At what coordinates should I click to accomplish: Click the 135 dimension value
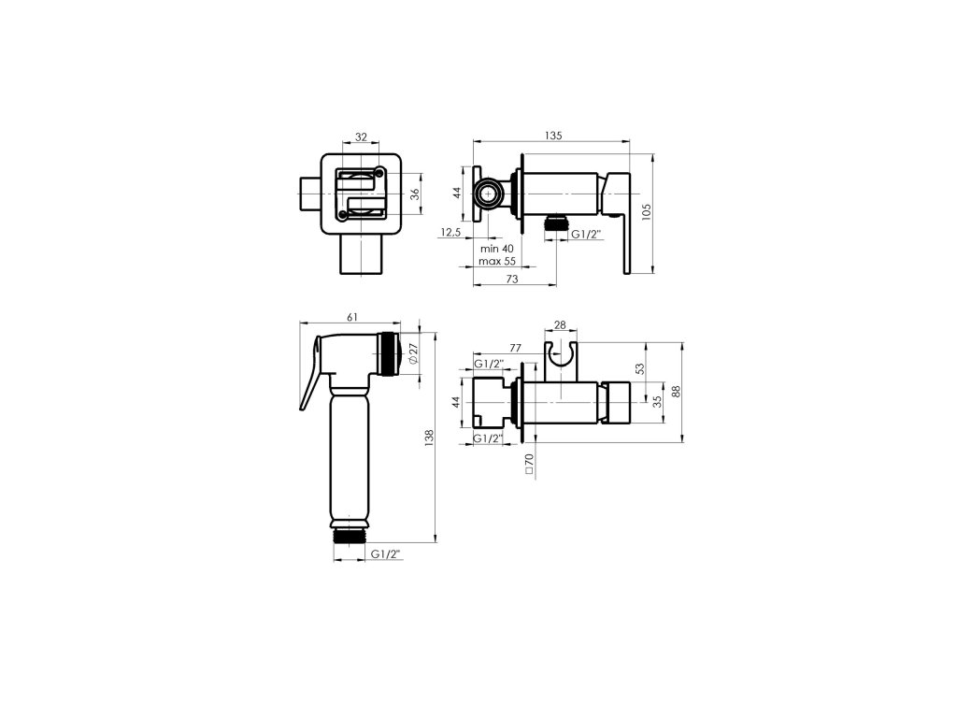(553, 136)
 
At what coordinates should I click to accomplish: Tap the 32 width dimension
(362, 137)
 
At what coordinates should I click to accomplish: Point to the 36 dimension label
(415, 194)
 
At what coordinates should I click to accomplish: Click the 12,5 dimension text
(450, 232)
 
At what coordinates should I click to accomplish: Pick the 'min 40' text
(497, 249)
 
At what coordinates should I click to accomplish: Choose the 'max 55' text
(497, 261)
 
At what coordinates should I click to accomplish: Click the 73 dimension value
(512, 279)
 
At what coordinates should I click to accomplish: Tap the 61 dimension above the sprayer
(352, 317)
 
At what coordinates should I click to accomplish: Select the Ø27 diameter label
(413, 354)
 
